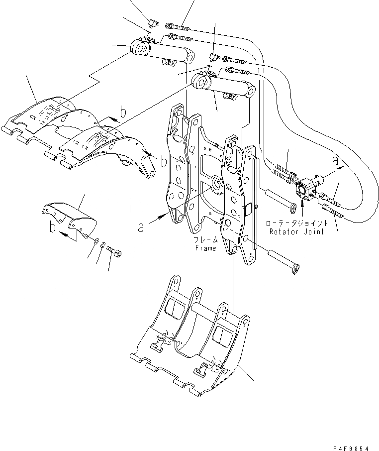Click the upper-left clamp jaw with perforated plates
(75, 129)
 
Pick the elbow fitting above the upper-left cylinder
(153, 23)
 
